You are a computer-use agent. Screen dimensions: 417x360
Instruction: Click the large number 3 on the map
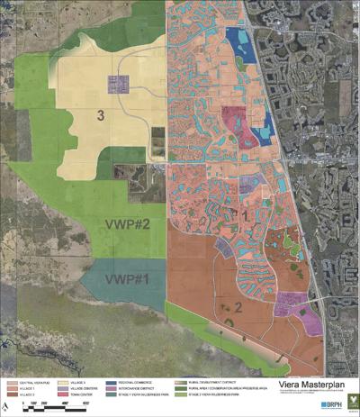[x=102, y=114]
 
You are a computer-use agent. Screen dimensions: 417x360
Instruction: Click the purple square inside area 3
[x=119, y=85]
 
